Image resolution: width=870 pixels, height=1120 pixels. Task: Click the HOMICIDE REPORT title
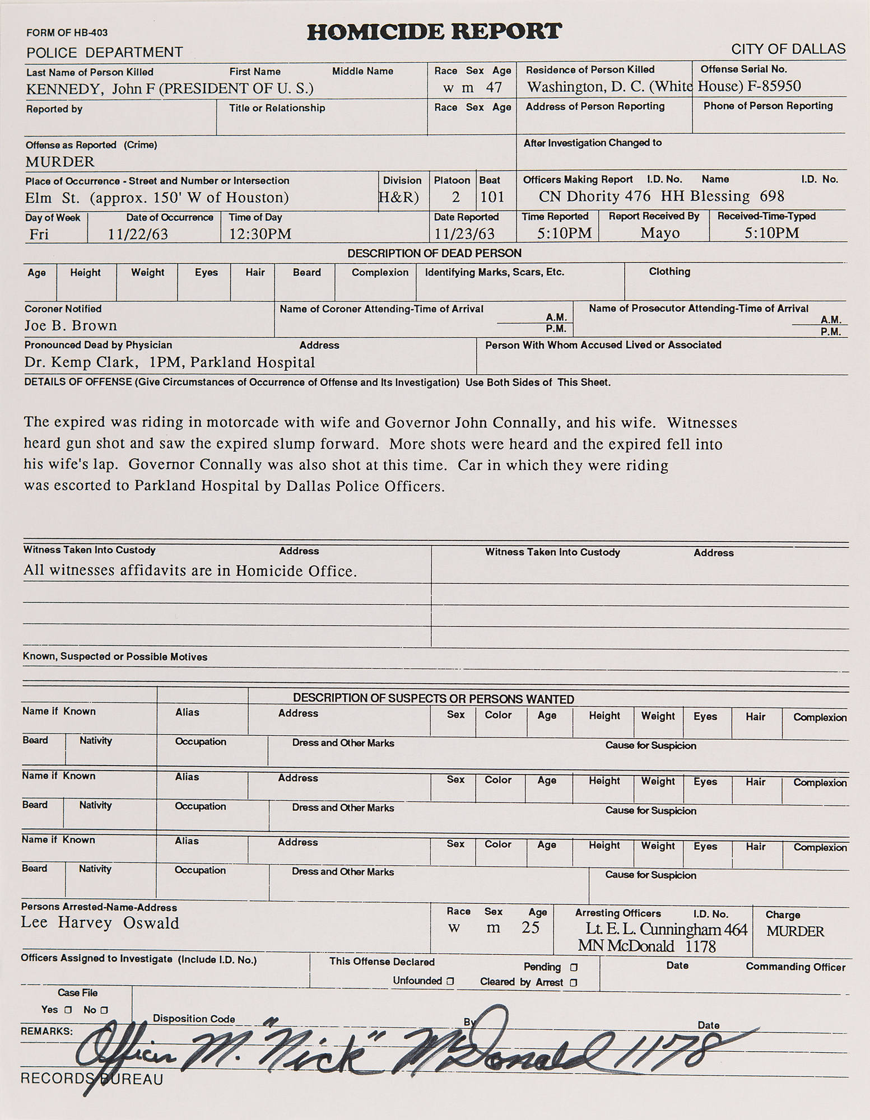tap(434, 32)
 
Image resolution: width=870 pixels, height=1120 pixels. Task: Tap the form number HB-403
tap(92, 33)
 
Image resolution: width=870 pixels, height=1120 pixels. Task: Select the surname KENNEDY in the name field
tap(58, 89)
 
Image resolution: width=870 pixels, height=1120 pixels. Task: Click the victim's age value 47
tap(494, 88)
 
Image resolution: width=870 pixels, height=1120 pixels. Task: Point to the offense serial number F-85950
tap(774, 86)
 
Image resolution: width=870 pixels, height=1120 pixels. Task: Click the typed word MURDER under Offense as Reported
tap(60, 162)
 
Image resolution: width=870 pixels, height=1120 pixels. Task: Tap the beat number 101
tap(492, 197)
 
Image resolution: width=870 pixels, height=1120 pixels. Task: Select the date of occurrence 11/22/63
tap(138, 235)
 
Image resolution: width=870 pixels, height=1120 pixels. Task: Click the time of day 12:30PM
tap(260, 234)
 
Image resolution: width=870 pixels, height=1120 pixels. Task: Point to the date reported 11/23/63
tap(464, 234)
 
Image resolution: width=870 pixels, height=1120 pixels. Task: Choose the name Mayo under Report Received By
tap(660, 233)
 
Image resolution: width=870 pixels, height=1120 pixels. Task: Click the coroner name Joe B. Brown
tap(71, 326)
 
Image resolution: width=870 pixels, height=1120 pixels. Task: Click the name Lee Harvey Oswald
tap(100, 923)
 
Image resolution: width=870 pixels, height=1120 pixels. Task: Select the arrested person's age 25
tap(530, 928)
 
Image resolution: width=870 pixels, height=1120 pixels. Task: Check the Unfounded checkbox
tap(450, 981)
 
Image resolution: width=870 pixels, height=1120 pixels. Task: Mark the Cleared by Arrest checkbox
tap(573, 982)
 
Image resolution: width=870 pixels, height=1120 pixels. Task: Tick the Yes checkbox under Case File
tap(68, 1010)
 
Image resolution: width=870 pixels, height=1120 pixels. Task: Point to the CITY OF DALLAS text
tap(788, 49)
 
